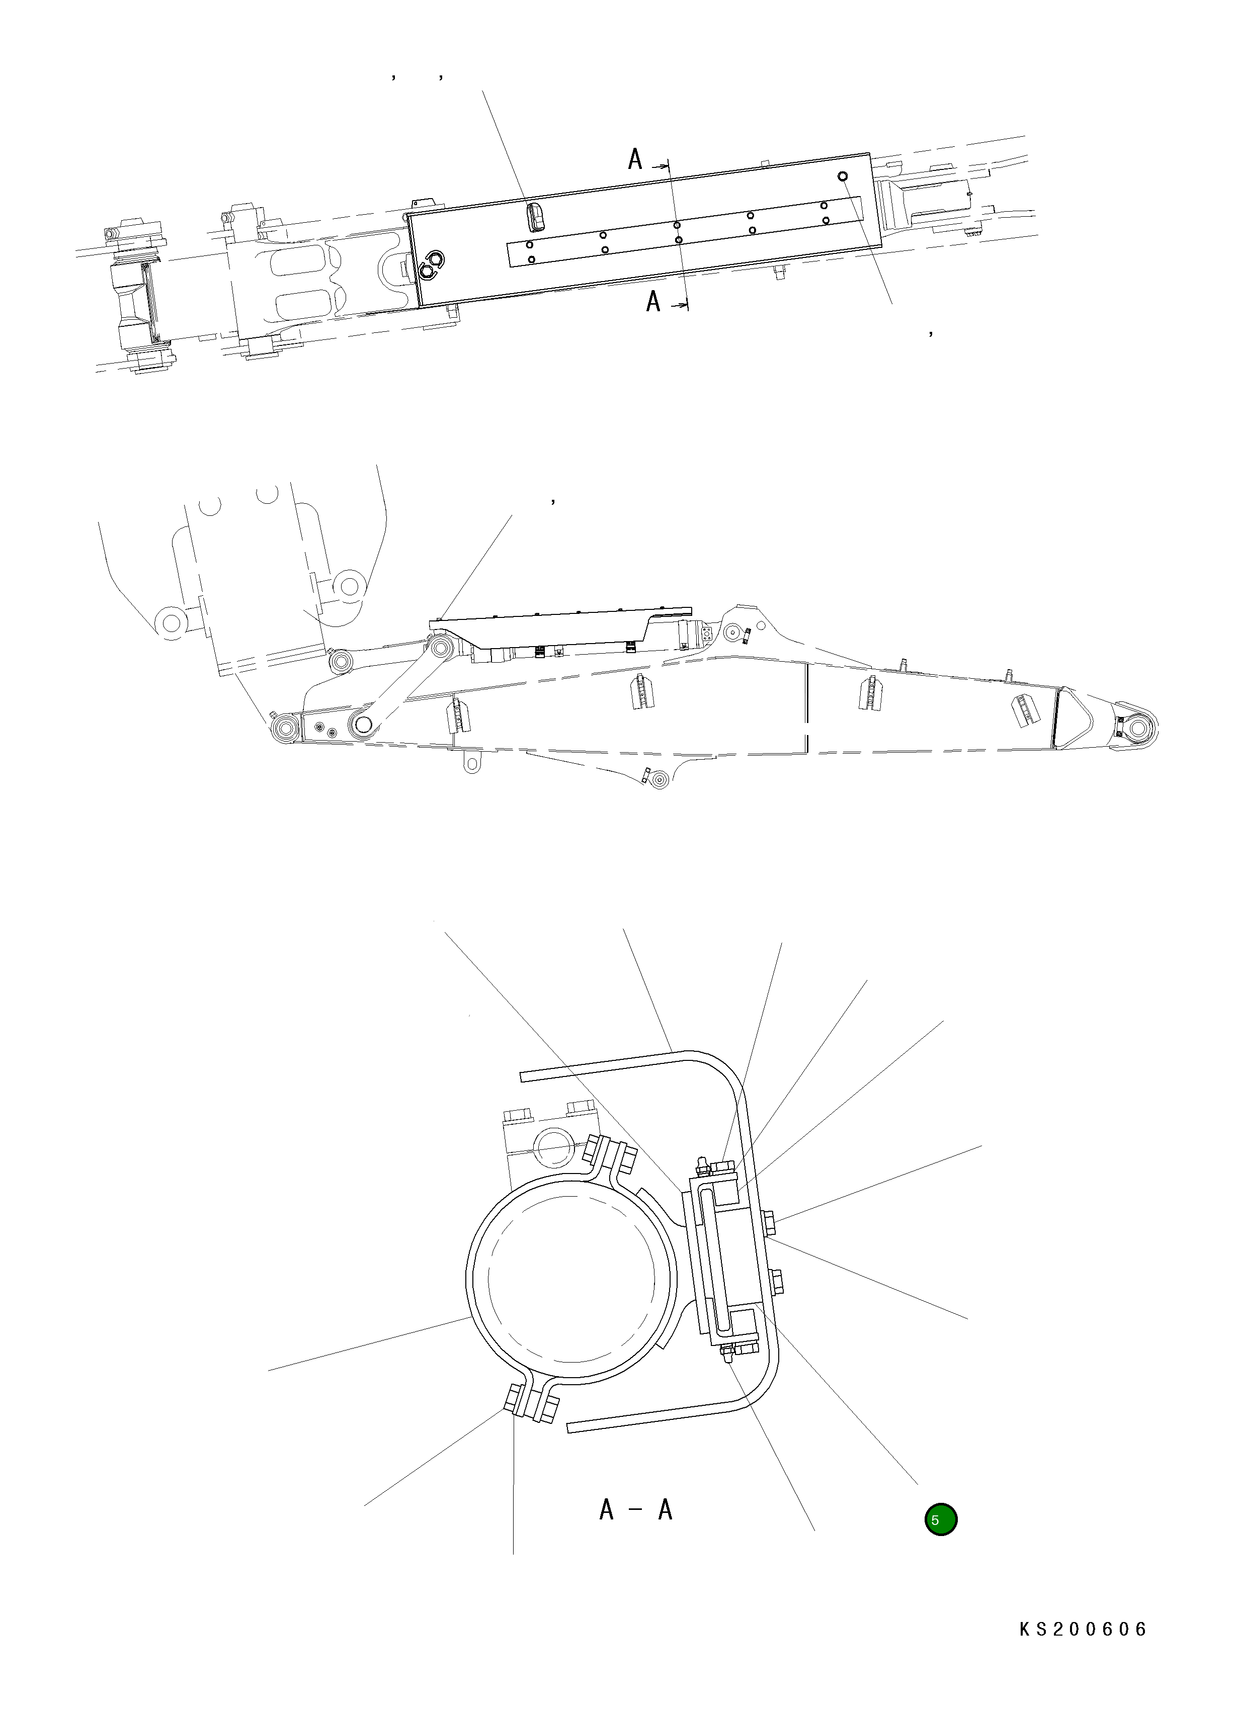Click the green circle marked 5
click(940, 1519)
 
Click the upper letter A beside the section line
click(635, 160)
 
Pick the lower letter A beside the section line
click(653, 303)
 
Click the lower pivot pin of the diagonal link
click(363, 724)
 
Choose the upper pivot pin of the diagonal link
click(441, 647)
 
